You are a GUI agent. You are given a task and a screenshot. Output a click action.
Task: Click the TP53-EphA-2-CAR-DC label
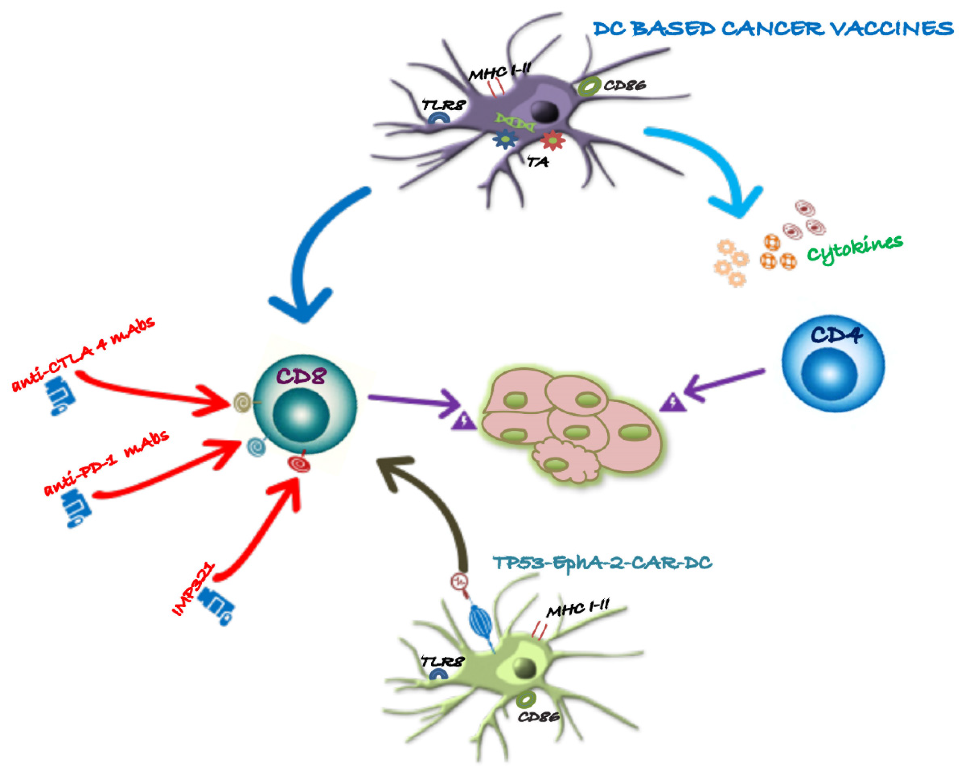602,562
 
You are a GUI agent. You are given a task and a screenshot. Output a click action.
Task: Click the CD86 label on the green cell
538,717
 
